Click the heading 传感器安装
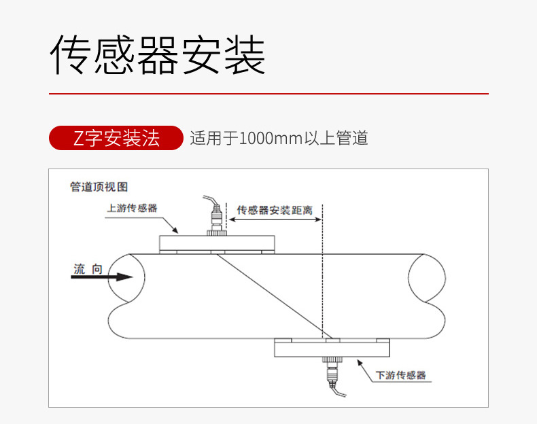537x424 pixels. point(158,55)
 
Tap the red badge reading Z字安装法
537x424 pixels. point(116,138)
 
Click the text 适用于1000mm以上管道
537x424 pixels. point(279,139)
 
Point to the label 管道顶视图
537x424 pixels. point(99,187)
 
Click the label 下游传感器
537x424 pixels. point(401,374)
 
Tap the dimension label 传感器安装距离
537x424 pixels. point(275,210)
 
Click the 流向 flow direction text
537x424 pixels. point(88,269)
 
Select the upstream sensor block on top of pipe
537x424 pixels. point(216,243)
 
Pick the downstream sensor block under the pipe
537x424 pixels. point(332,349)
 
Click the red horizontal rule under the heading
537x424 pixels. point(268,93)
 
